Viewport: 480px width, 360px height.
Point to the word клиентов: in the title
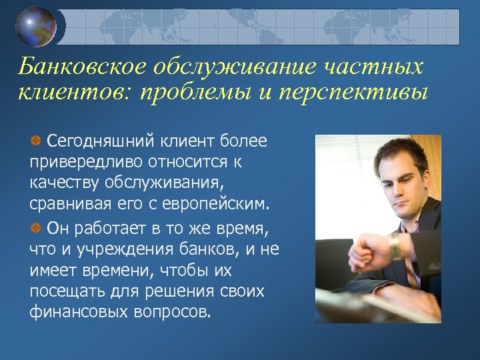coord(74,91)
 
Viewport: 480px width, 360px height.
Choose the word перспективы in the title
coord(349,91)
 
